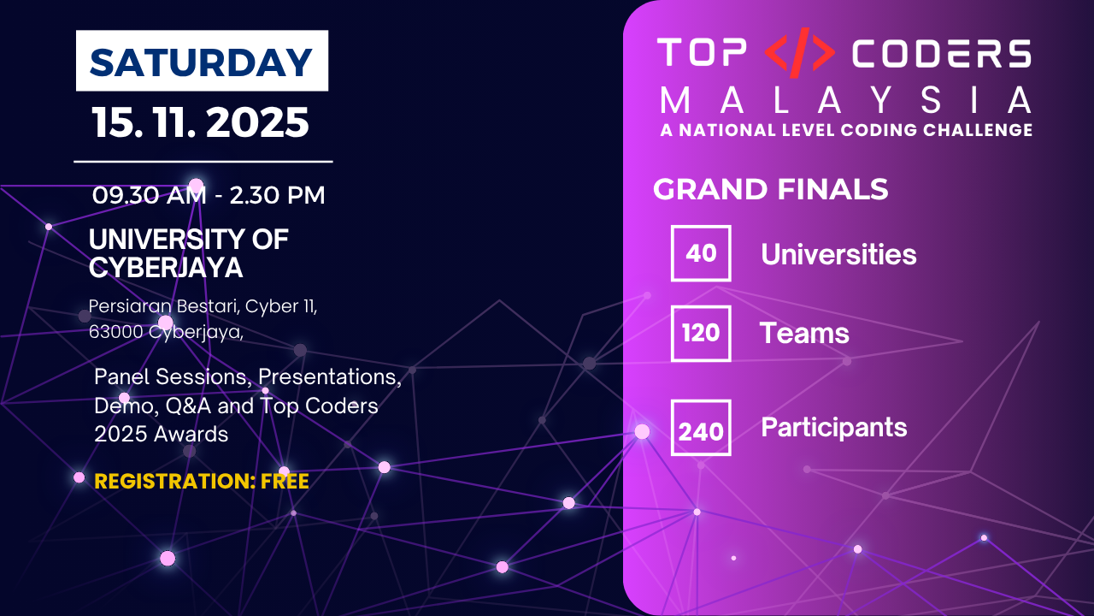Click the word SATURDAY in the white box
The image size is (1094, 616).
(201, 62)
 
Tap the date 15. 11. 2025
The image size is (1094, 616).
(200, 122)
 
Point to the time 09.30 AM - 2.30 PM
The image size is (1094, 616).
(209, 195)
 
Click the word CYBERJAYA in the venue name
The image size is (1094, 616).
(166, 268)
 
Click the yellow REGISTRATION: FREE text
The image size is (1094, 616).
(201, 482)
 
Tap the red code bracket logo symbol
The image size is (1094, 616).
(799, 53)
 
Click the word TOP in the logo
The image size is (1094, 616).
(702, 53)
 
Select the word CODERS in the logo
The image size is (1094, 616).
(942, 53)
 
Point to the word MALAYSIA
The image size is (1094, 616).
(846, 100)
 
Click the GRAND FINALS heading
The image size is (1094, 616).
(770, 189)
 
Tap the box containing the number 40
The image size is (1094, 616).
(701, 253)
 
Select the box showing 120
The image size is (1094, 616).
(701, 334)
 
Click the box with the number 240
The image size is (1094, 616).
(701, 428)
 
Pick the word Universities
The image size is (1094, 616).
(838, 254)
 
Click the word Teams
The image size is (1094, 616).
(804, 334)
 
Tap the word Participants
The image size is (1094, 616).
(833, 428)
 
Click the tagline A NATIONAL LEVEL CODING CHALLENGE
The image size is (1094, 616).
(846, 130)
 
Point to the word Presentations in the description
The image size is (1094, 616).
(329, 377)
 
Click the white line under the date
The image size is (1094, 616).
(203, 161)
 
